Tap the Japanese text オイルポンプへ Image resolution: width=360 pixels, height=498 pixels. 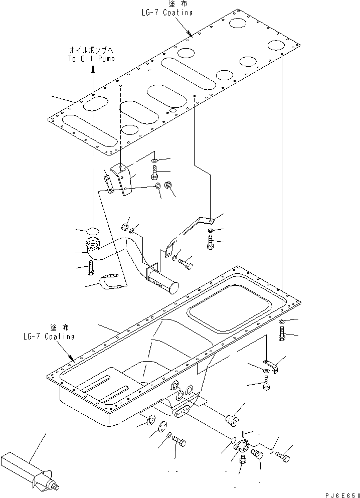(92, 51)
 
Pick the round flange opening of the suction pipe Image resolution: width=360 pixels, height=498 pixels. (93, 245)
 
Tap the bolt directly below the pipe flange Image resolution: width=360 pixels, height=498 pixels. (91, 268)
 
